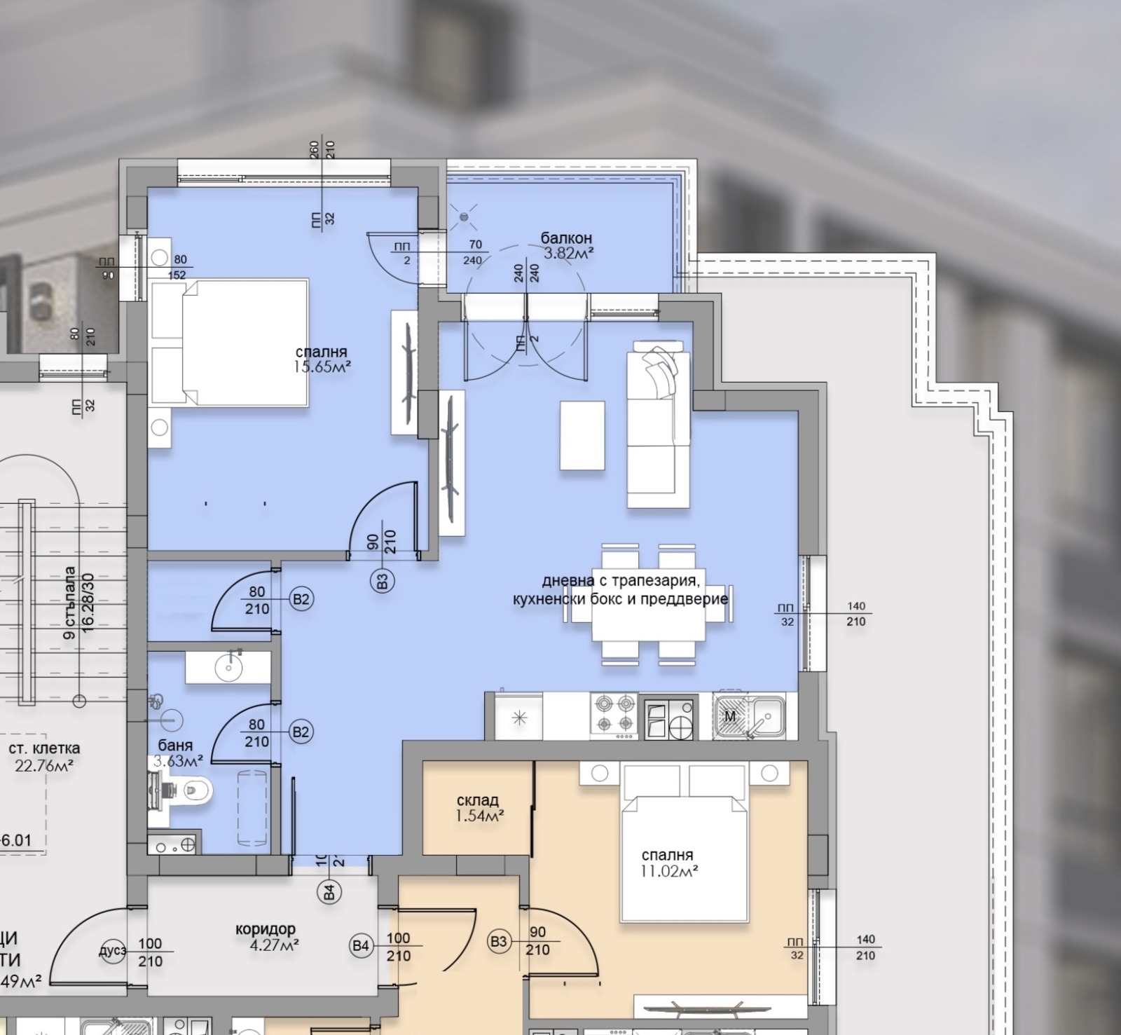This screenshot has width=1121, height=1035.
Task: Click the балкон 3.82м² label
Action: pos(567,246)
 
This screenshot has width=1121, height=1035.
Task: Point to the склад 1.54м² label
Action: pos(478,807)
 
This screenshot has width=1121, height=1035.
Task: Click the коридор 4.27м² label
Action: pos(266,937)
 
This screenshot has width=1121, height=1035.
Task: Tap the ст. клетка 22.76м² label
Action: pos(44,757)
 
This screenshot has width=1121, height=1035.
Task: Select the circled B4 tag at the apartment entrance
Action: pos(329,892)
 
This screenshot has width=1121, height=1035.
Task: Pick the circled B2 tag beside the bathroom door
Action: pos(301,732)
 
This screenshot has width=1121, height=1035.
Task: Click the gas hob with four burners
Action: pos(614,714)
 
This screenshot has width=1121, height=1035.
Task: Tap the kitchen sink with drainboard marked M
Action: pos(749,715)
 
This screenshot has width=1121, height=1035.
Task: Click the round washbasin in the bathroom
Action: pos(228,667)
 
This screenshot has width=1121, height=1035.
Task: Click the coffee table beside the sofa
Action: pos(582,435)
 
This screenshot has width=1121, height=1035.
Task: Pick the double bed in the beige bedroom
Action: pos(685,858)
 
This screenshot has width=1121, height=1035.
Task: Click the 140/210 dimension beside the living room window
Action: pos(855,614)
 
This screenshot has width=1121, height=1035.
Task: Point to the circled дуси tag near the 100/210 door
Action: pos(113,951)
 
